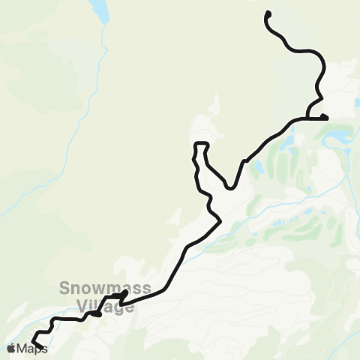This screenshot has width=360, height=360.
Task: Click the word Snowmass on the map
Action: pos(95,289)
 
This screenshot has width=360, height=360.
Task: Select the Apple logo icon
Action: pos(11,348)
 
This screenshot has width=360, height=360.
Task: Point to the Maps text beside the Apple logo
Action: pos(32,349)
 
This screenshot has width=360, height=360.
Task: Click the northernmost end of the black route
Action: pos(268,13)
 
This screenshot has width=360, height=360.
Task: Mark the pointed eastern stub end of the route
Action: pos(326,116)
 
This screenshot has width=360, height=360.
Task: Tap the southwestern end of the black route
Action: pos(43,347)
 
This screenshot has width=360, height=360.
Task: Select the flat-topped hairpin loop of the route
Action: pos(200,143)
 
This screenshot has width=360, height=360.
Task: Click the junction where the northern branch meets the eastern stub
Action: pos(308,117)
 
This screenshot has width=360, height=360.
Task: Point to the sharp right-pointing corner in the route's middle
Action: pos(219,220)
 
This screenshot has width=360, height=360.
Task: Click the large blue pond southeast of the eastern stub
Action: pos(335,137)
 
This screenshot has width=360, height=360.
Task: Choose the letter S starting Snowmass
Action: pos(64,289)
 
